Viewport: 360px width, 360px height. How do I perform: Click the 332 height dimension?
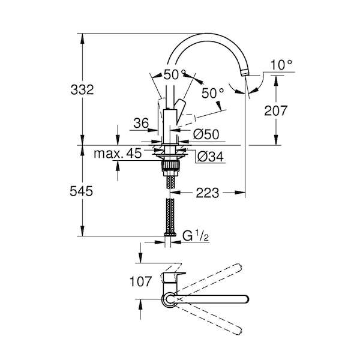82,89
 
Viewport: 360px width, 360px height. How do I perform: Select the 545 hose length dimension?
81,191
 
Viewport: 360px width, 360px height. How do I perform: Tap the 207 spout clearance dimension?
275,110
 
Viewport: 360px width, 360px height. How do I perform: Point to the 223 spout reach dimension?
208,193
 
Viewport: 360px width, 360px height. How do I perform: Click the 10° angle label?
281,65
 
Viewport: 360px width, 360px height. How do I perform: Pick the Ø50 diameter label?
206,134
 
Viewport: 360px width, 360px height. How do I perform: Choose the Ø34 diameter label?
211,157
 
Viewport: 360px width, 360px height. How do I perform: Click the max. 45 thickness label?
118,154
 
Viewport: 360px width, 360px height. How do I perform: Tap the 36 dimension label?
141,123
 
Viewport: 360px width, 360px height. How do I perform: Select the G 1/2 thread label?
196,236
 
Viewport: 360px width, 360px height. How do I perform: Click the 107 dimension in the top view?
140,281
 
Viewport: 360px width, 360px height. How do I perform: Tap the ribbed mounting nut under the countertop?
170,165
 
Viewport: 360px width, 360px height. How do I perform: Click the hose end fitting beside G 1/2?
170,234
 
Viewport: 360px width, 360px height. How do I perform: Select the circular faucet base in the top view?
169,299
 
